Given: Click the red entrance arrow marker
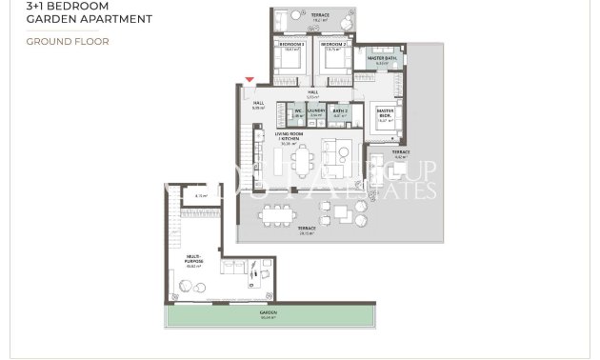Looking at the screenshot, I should coord(250,81).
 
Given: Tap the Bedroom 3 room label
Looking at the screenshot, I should coord(291,45).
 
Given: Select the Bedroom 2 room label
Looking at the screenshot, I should coord(332,45).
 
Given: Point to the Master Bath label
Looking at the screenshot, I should coord(383,59).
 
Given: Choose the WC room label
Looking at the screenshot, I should coord(297,111).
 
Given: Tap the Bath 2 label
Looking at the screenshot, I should coord(340,111).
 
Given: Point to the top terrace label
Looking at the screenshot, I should coord(321,15).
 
